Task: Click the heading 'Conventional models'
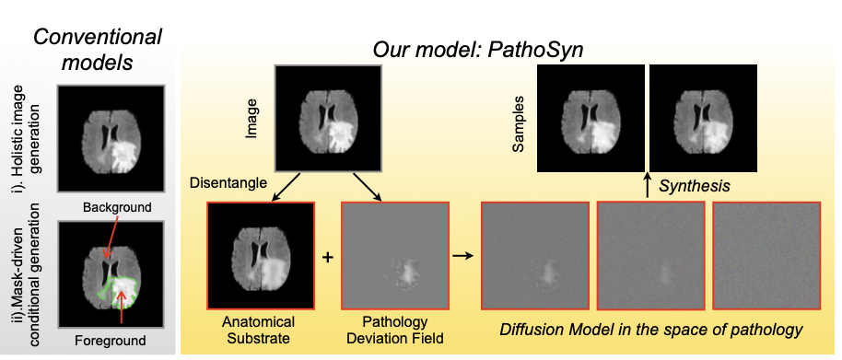click(x=98, y=50)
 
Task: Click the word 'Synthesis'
click(x=695, y=186)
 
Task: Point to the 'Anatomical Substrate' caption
click(x=259, y=331)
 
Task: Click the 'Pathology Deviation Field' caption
click(x=394, y=331)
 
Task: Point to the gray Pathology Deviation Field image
click(x=394, y=256)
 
